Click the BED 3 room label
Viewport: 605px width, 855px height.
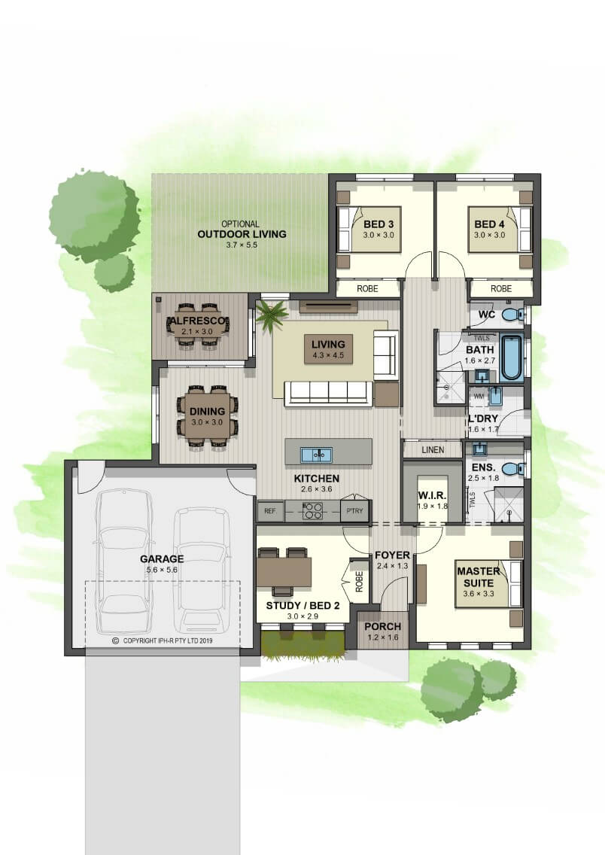(x=379, y=224)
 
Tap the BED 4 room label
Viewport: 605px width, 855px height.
(x=489, y=224)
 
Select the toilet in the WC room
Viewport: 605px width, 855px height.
(x=512, y=315)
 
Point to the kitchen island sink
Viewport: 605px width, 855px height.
(x=315, y=455)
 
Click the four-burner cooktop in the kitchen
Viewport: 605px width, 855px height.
(x=313, y=511)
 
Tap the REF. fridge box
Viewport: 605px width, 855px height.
(x=270, y=512)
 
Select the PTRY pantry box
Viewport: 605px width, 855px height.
(x=354, y=512)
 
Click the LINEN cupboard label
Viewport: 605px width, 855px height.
(x=433, y=450)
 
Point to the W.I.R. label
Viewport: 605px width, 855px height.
(x=432, y=496)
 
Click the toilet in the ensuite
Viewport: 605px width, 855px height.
(x=512, y=468)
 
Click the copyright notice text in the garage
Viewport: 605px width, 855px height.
(x=163, y=640)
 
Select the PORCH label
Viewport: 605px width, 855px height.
(x=382, y=626)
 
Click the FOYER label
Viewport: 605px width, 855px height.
(x=392, y=555)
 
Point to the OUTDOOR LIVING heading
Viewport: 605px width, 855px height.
(x=242, y=234)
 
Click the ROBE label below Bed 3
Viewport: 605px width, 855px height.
(x=367, y=288)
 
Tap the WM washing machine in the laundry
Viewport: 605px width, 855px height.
(x=479, y=397)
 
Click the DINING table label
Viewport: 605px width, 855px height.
(x=207, y=412)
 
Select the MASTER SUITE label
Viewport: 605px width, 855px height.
(x=479, y=577)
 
